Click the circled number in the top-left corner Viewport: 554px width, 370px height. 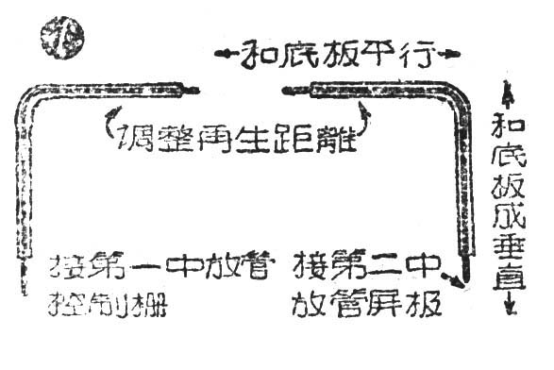pyautogui.click(x=63, y=37)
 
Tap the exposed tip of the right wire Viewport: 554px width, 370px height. pyautogui.click(x=292, y=91)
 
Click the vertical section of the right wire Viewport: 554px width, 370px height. pyautogui.click(x=462, y=189)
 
